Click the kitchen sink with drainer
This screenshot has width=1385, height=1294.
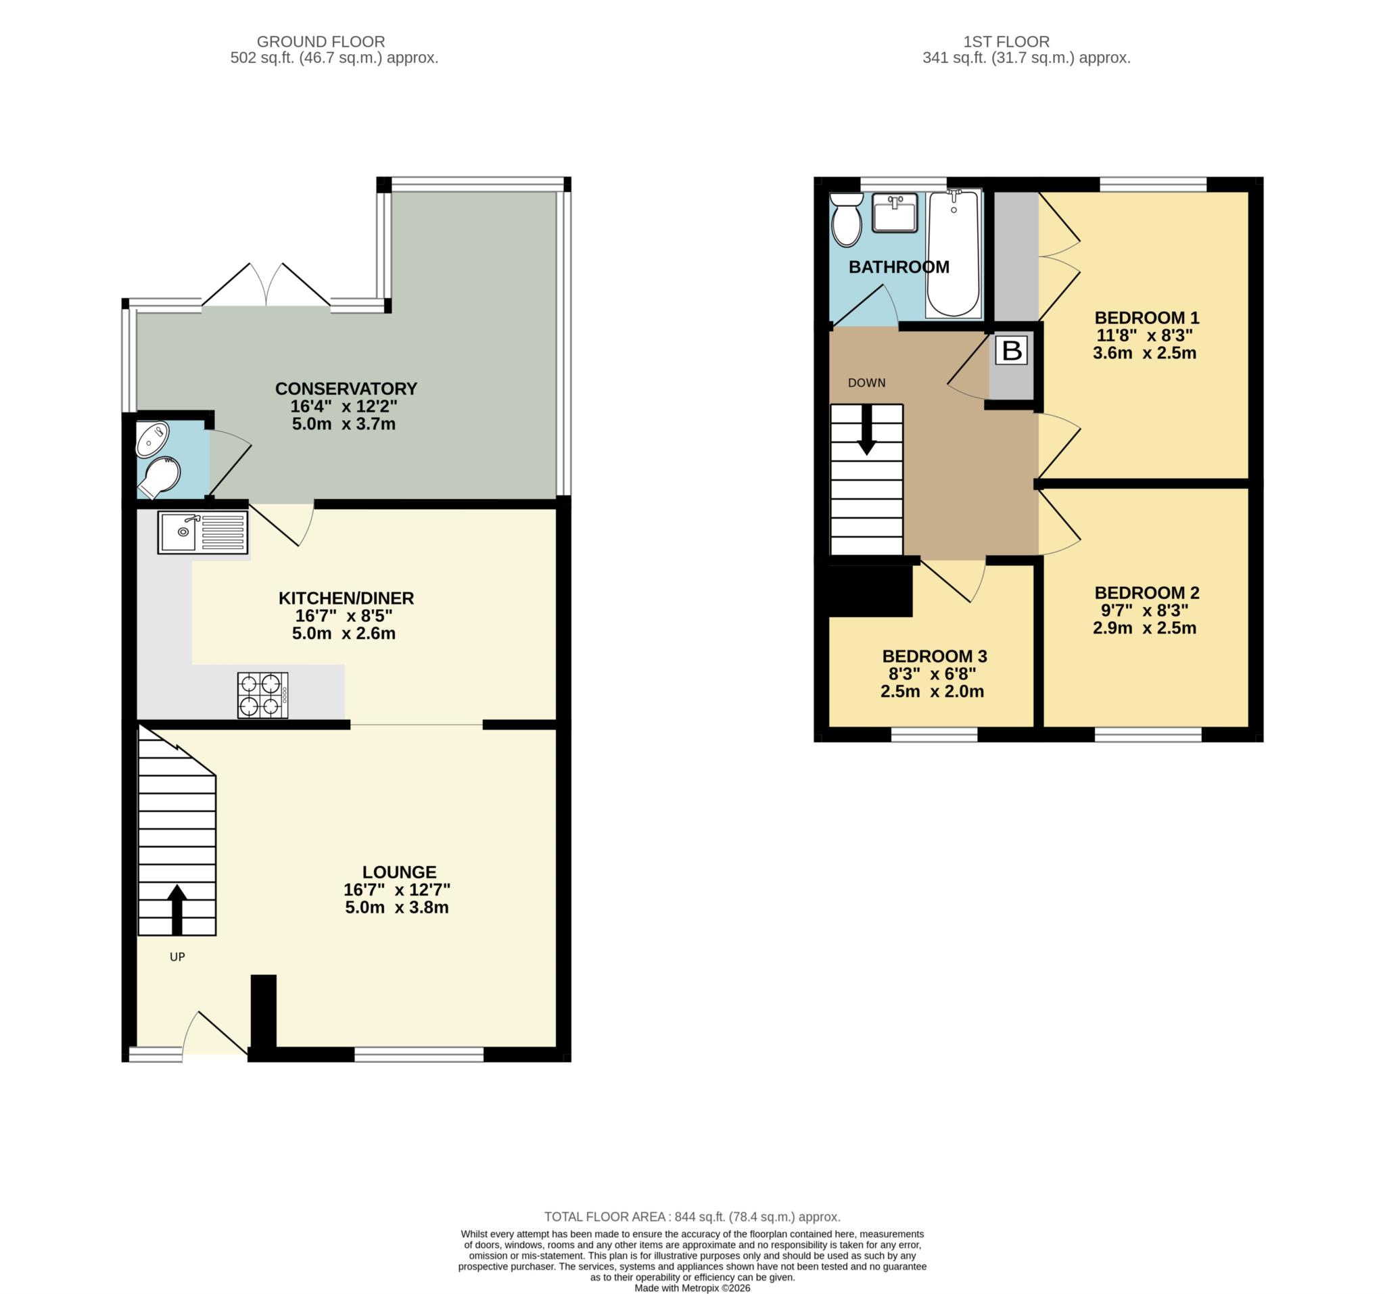202,533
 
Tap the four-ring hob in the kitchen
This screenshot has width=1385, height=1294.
262,695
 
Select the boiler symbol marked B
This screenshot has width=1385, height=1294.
1011,350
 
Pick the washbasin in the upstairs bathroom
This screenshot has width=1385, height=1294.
895,212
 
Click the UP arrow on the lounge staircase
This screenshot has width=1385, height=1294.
177,909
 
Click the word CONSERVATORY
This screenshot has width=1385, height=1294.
346,389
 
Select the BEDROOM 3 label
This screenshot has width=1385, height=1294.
934,656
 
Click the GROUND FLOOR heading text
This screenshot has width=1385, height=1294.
321,42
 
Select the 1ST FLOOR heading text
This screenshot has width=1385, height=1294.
1006,42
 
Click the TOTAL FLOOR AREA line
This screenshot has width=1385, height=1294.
692,1217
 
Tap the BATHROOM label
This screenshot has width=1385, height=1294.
899,267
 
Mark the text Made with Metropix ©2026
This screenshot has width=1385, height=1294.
692,1288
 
